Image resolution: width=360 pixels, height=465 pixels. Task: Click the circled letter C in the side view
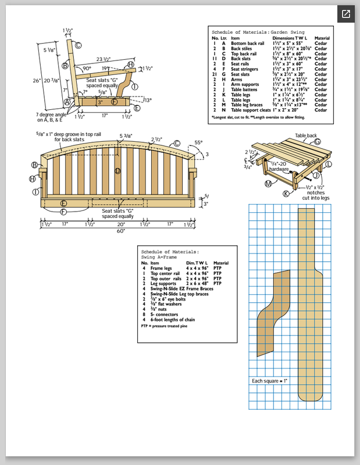coord(77,45)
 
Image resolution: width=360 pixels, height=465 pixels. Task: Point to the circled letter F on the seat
coord(114,102)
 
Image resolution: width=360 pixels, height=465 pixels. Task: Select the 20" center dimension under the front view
coord(120,223)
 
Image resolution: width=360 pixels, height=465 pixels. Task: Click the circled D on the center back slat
coord(118,170)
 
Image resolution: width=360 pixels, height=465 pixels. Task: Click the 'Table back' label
coord(307,135)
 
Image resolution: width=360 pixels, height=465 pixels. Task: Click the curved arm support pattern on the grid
coord(272,317)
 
